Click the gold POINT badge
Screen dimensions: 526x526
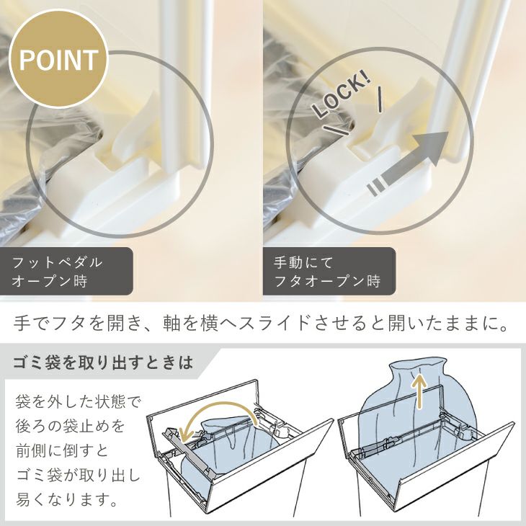point(58,59)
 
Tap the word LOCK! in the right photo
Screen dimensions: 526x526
point(342,97)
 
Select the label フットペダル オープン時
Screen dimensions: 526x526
point(57,272)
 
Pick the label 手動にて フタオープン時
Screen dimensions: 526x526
point(327,272)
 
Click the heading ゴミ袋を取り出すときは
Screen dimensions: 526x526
point(102,362)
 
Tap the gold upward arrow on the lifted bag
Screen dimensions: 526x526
point(419,391)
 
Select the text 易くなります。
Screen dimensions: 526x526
point(67,499)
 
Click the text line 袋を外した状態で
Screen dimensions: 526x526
point(77,402)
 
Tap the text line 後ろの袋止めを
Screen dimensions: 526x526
point(70,427)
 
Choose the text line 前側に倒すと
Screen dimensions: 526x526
point(63,451)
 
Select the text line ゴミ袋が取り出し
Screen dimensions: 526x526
point(78,476)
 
